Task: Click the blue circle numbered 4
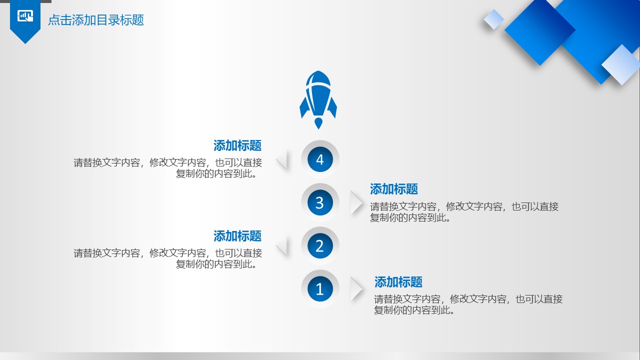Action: click(x=320, y=159)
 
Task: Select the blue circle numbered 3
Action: click(x=320, y=202)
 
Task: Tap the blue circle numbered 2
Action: click(x=320, y=245)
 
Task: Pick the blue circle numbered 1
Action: click(x=320, y=289)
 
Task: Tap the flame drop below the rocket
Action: click(x=318, y=123)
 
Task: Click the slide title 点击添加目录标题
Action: click(x=96, y=20)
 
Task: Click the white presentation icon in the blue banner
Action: click(x=25, y=16)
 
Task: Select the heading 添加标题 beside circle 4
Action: click(x=237, y=145)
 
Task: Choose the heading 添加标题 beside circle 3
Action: click(x=393, y=189)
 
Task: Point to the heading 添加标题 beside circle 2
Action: click(x=237, y=236)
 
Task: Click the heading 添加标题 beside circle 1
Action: click(x=398, y=282)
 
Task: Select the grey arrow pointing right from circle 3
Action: click(x=356, y=202)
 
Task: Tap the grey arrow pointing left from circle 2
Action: click(x=283, y=246)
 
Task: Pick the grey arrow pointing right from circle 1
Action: click(x=356, y=289)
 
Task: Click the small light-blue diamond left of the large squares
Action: click(x=493, y=19)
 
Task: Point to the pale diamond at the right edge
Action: click(x=621, y=65)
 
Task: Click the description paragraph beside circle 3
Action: click(x=464, y=212)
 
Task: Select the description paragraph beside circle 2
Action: click(x=167, y=258)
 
